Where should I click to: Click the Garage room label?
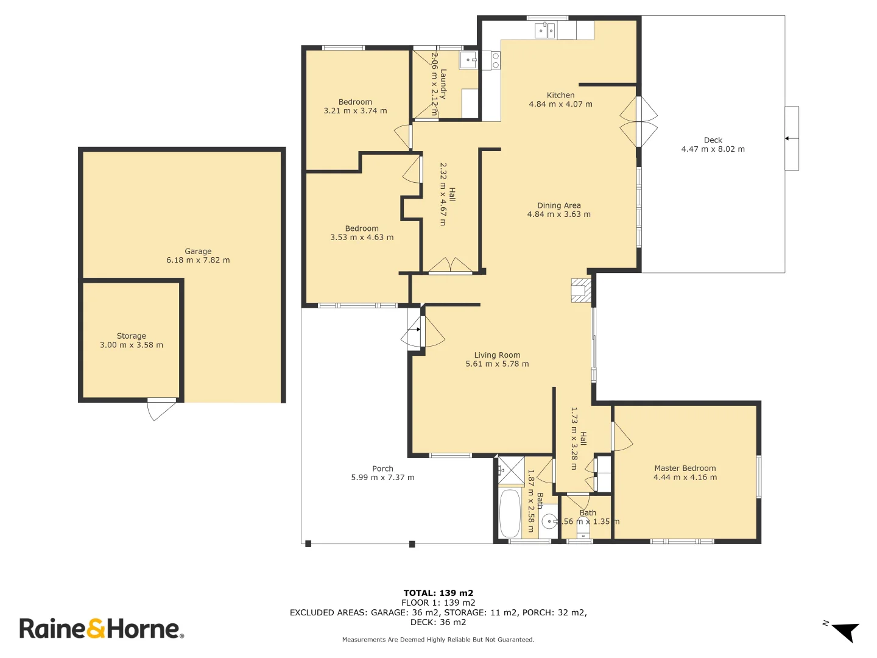pyautogui.click(x=198, y=251)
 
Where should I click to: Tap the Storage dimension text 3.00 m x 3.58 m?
pyautogui.click(x=132, y=345)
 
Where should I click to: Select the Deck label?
pyautogui.click(x=713, y=140)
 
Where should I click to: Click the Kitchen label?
pyautogui.click(x=560, y=95)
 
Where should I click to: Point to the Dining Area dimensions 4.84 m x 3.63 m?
pyautogui.click(x=558, y=214)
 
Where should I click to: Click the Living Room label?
pyautogui.click(x=497, y=355)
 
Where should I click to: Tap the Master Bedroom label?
pyautogui.click(x=685, y=469)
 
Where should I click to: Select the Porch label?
pyautogui.click(x=382, y=469)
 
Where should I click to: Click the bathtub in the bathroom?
pyautogui.click(x=510, y=513)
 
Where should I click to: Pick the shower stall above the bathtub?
pyautogui.click(x=511, y=470)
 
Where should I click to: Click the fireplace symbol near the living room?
pyautogui.click(x=580, y=290)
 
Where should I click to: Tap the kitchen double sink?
pyautogui.click(x=544, y=30)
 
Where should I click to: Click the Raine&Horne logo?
pyautogui.click(x=101, y=628)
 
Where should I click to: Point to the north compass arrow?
pyautogui.click(x=845, y=632)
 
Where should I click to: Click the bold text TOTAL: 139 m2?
pyautogui.click(x=438, y=593)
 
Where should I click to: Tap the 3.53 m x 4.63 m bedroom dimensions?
pyautogui.click(x=362, y=238)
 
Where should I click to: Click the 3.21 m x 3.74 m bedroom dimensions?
pyautogui.click(x=355, y=111)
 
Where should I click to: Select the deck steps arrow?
pyautogui.click(x=791, y=138)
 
